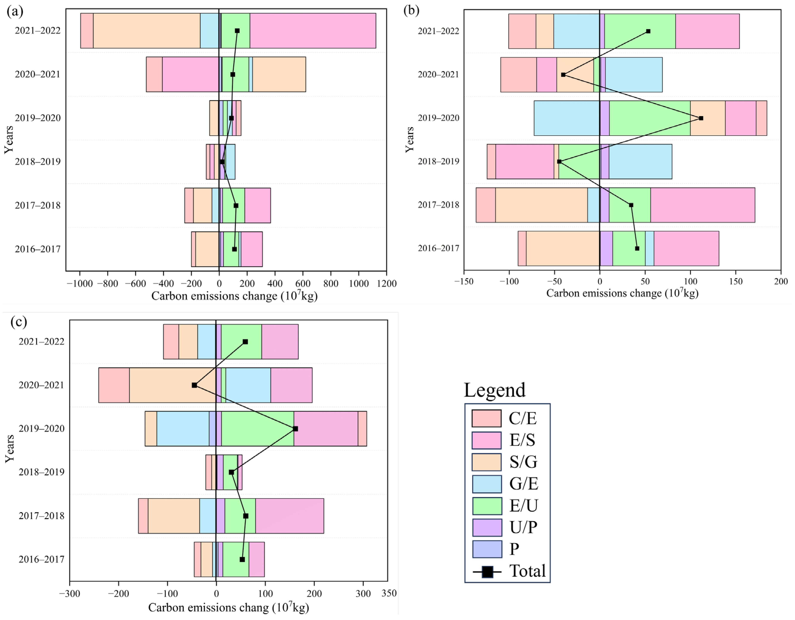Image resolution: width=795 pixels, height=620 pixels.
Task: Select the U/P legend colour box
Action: pos(487,527)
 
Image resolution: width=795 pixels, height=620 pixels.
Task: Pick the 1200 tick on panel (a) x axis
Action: pos(386,284)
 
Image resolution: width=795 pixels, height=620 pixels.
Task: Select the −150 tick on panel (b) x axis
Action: pos(464,281)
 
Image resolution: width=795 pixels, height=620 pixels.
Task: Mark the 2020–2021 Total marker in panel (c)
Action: pos(194,385)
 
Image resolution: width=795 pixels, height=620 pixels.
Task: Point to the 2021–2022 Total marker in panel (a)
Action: pos(237,31)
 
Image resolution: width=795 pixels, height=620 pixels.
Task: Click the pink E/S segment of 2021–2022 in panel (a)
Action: pos(312,31)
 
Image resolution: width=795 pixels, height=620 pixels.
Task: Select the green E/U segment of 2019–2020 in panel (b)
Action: pos(649,118)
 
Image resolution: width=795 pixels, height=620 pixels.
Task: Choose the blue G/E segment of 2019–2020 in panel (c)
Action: pos(183,428)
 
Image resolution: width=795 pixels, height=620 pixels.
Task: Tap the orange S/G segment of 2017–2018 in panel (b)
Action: pos(541,205)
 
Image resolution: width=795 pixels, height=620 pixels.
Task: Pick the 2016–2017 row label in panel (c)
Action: pos(42,559)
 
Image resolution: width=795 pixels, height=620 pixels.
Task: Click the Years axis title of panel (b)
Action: pos(409,139)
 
